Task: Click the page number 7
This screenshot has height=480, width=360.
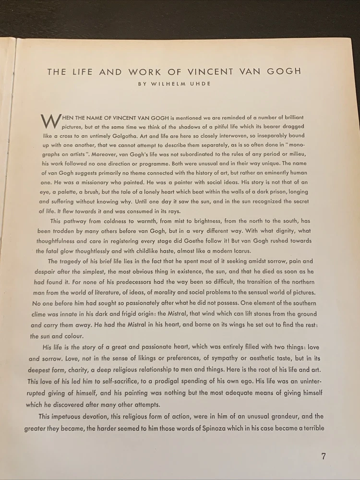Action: pyautogui.click(x=324, y=456)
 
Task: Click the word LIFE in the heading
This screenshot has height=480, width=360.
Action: pyautogui.click(x=79, y=72)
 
